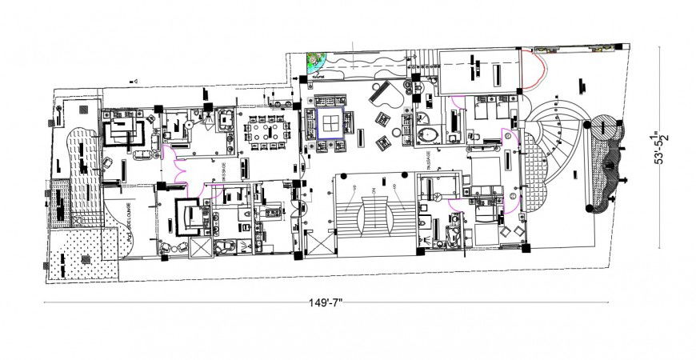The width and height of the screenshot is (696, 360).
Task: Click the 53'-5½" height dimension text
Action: click(x=661, y=148)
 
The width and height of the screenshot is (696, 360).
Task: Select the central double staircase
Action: click(x=374, y=214)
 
